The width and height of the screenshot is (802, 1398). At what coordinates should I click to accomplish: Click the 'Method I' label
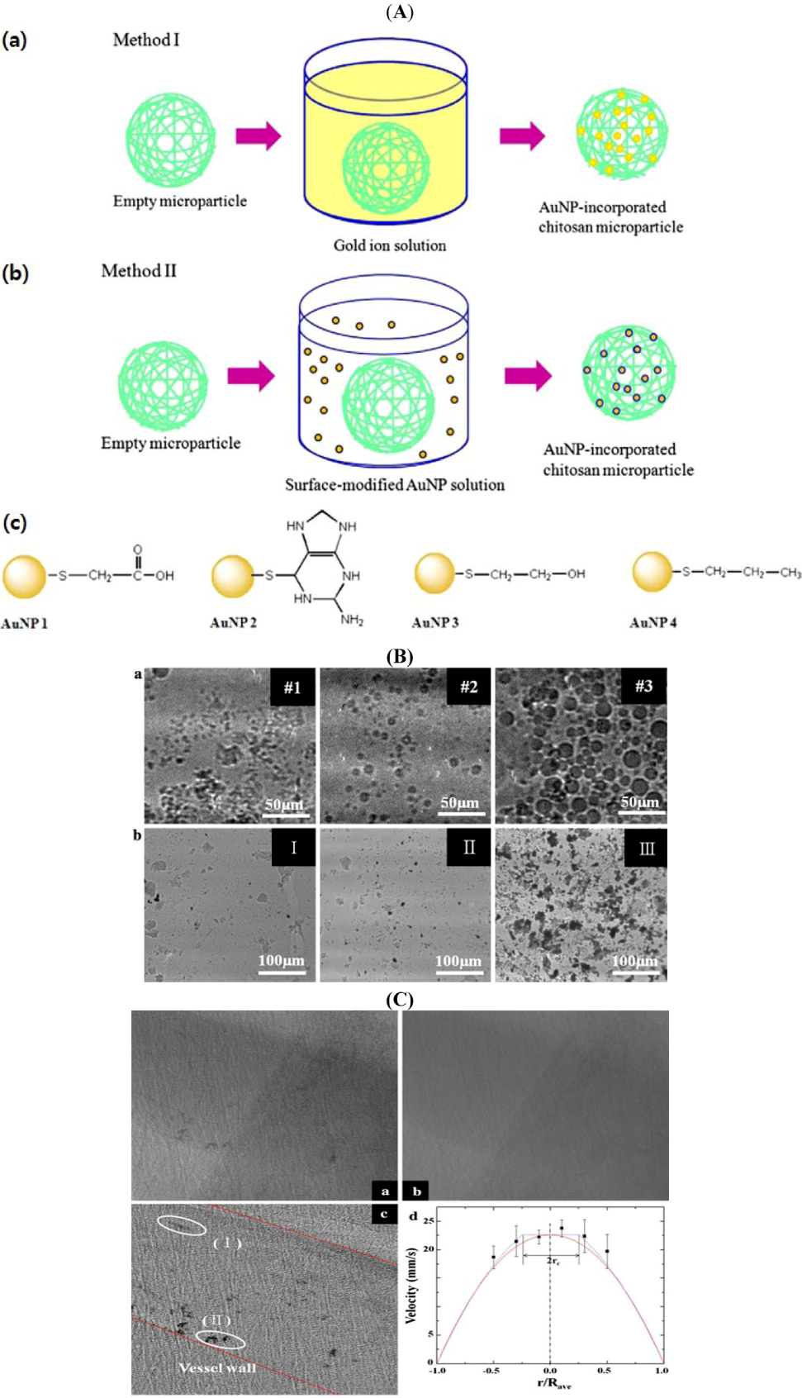(146, 40)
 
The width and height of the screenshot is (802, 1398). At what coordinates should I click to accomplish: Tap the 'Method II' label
(139, 271)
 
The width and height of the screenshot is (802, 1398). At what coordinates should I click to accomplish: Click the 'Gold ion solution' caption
(389, 245)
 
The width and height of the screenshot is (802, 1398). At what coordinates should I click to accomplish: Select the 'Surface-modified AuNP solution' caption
(395, 485)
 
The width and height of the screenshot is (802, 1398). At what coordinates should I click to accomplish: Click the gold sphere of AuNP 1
(24, 576)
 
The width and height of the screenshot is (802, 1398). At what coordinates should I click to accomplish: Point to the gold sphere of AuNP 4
(653, 572)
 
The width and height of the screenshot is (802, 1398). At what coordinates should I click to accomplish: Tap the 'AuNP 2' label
(233, 622)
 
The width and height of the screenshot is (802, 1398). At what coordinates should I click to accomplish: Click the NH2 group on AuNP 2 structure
(352, 621)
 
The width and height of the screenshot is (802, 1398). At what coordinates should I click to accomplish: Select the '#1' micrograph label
(292, 687)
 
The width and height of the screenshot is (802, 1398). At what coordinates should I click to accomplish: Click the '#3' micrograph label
(643, 687)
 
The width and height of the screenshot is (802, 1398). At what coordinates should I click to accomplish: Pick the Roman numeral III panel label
(646, 849)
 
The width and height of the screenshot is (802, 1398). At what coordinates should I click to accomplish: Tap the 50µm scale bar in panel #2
(459, 811)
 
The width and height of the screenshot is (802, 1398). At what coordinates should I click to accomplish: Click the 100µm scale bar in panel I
(281, 971)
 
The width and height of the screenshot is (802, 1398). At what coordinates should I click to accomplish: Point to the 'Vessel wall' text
(216, 1367)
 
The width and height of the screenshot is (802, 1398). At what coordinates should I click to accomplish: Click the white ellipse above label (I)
(182, 1225)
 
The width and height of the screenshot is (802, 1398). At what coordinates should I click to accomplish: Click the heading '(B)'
(400, 657)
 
